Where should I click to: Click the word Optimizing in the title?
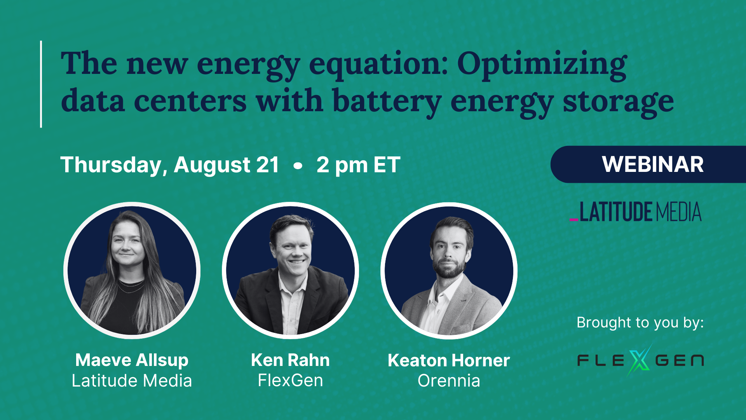(542, 64)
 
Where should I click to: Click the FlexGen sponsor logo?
(640, 360)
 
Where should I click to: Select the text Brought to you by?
(640, 322)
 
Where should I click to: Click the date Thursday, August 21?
(170, 165)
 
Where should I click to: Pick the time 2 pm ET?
(358, 165)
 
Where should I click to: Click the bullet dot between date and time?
(298, 166)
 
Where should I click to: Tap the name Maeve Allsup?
(132, 360)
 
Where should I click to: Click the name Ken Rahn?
(290, 360)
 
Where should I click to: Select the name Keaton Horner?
(449, 360)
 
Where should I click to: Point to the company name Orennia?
(449, 381)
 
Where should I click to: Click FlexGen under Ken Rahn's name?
(290, 381)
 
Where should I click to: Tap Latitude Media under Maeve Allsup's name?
(132, 381)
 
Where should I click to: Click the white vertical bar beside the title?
(41, 84)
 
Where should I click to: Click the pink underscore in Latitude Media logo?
(573, 220)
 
